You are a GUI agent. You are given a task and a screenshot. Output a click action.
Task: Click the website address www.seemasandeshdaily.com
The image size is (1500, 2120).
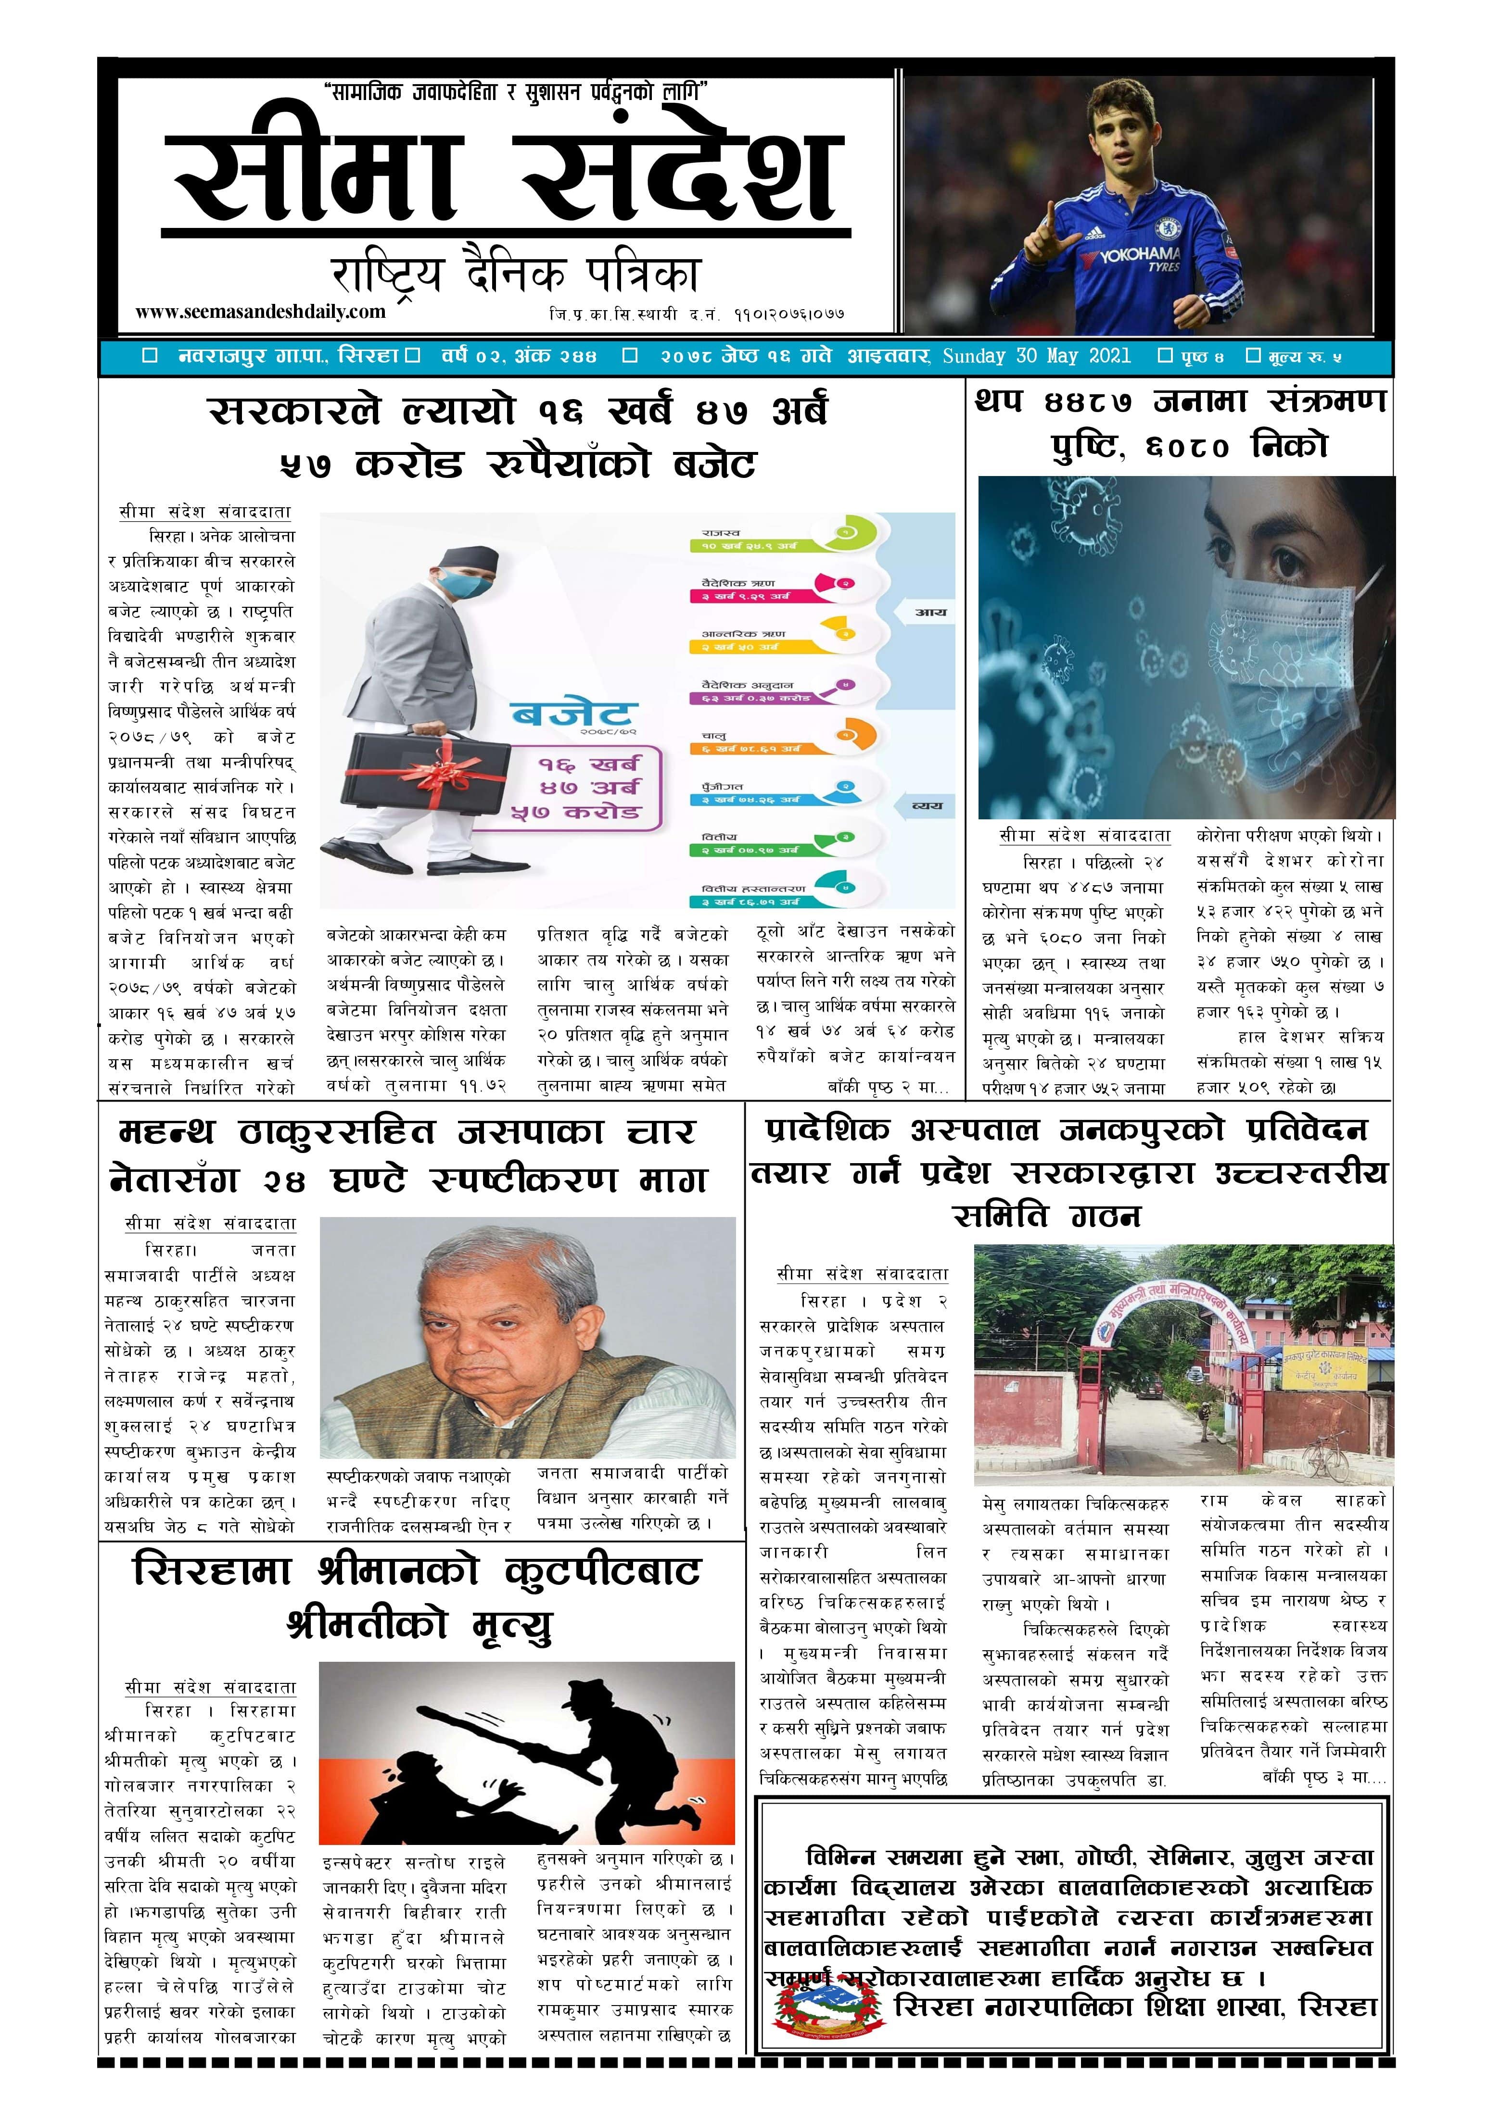pos(260,312)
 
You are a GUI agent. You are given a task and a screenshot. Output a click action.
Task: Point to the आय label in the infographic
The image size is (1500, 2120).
pos(929,612)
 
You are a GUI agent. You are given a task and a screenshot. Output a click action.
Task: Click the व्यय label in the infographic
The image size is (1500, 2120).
pos(927,806)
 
